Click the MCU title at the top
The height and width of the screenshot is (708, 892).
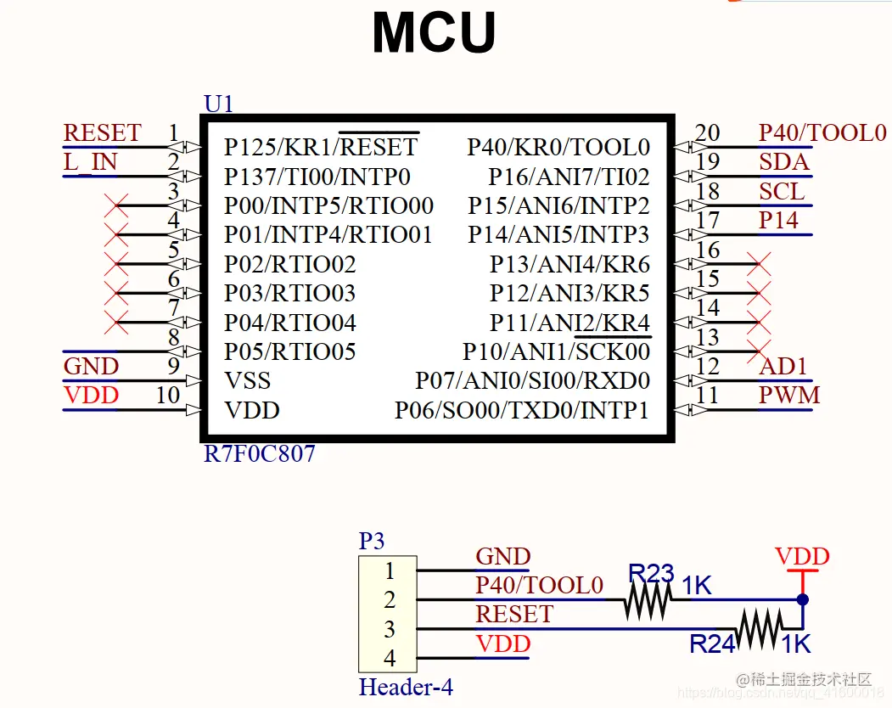[x=434, y=32]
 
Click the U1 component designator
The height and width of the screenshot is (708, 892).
[x=218, y=104]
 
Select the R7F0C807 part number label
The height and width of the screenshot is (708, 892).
[x=260, y=454]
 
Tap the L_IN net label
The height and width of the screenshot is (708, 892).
[x=90, y=162]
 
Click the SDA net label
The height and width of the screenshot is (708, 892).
[x=784, y=162]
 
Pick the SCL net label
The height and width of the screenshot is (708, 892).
[x=782, y=191]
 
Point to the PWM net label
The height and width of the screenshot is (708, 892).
[x=789, y=396]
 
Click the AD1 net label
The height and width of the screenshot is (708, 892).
[x=783, y=367]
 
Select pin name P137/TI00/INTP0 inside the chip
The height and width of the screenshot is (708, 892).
[x=317, y=177]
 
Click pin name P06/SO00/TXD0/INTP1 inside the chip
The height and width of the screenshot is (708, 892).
[x=522, y=410]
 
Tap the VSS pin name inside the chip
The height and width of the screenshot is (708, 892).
[x=248, y=381]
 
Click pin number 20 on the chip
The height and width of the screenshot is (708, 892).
[x=707, y=132]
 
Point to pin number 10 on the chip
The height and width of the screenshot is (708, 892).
[x=168, y=395]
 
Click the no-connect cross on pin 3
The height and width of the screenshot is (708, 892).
[x=116, y=205]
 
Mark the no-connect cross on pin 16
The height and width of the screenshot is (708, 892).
[x=759, y=264]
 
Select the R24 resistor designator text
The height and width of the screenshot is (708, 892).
[x=712, y=644]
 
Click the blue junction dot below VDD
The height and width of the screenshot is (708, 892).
[x=803, y=599]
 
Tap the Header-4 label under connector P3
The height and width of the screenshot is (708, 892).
[x=406, y=687]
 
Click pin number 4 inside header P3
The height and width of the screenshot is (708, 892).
[x=389, y=658]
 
